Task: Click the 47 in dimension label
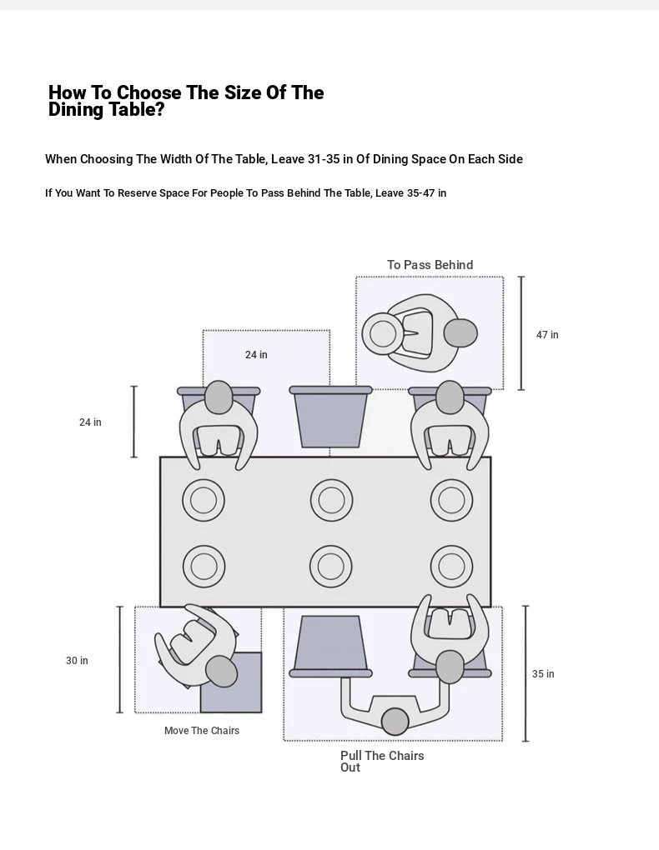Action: (547, 335)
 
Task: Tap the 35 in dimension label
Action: (543, 674)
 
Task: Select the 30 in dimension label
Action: (77, 661)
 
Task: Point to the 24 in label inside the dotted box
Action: (256, 355)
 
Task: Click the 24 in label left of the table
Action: (90, 422)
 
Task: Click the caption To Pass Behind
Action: (430, 265)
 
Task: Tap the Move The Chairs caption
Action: (202, 731)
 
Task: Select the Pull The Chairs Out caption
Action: (381, 761)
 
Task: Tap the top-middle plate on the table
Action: (331, 501)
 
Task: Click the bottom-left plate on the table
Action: (204, 567)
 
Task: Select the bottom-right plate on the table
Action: (451, 567)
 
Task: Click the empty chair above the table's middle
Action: (330, 416)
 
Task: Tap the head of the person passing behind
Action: (460, 333)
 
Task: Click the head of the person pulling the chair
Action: (395, 721)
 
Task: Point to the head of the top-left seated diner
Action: (219, 398)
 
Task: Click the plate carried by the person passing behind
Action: (383, 333)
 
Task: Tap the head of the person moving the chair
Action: (221, 670)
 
